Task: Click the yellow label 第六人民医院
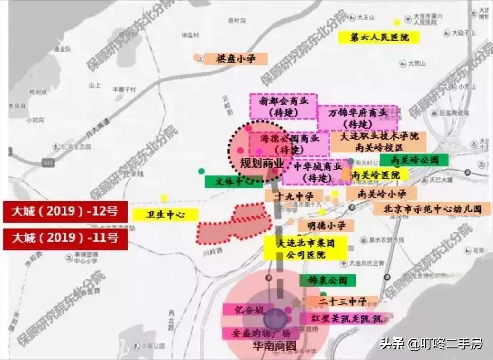click(x=379, y=37)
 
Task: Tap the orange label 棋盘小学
click(x=236, y=59)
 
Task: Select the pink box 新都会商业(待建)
click(x=283, y=106)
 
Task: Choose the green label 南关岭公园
click(x=414, y=160)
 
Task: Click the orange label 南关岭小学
click(x=382, y=193)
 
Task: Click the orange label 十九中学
click(x=293, y=195)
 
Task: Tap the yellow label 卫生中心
click(x=158, y=215)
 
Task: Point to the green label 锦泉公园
click(x=327, y=280)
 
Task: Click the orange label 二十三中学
click(x=342, y=301)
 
